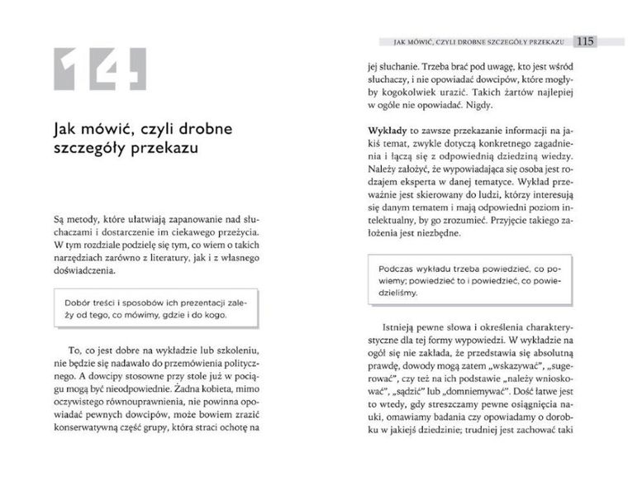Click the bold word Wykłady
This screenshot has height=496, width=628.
click(x=387, y=131)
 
